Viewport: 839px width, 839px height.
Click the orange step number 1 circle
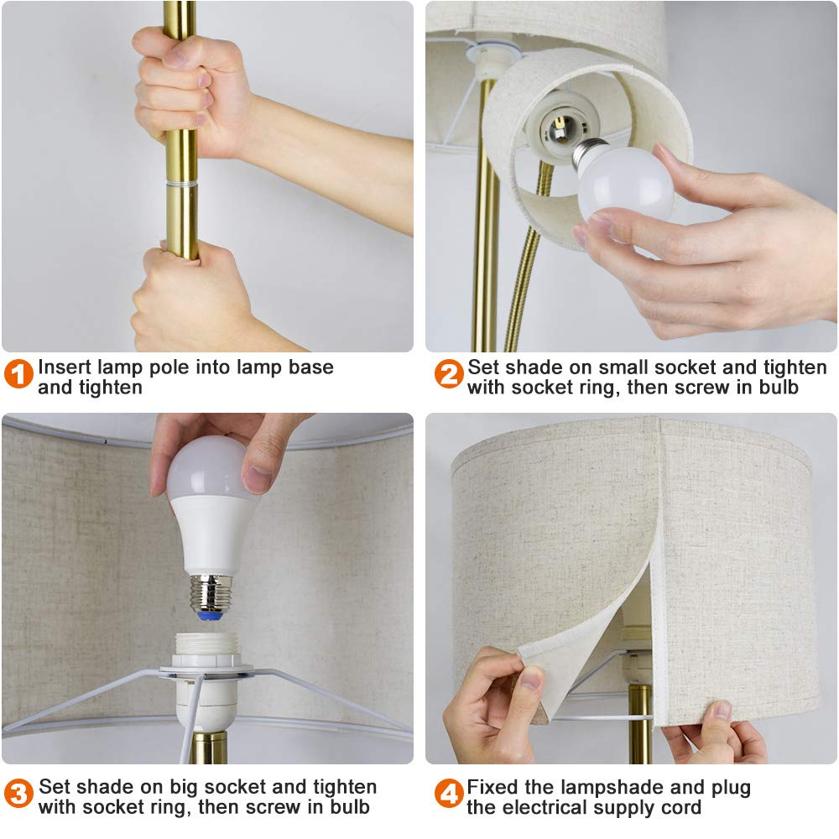(18, 373)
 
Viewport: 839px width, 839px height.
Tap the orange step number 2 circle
(448, 373)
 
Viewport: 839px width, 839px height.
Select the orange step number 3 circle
(18, 794)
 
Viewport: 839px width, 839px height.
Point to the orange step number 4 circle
(448, 794)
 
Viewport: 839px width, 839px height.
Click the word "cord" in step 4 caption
(681, 807)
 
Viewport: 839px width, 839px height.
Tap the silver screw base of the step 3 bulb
(211, 593)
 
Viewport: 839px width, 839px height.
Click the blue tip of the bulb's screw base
(211, 616)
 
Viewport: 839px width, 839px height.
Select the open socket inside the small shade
(560, 128)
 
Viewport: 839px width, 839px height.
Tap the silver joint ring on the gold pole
(181, 184)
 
